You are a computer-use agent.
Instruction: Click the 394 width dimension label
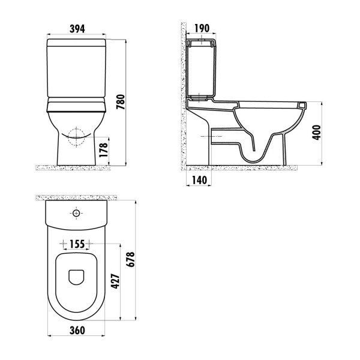[77, 28]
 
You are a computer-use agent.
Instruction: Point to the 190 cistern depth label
[202, 28]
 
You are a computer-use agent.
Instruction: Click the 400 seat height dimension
[317, 133]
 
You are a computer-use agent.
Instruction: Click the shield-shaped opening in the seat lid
[76, 276]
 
